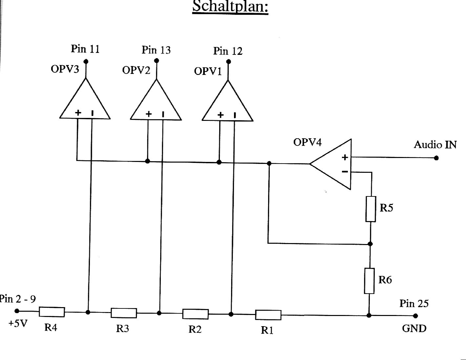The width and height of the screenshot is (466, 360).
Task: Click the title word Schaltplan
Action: click(230, 7)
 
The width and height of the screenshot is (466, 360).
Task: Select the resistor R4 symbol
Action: click(52, 312)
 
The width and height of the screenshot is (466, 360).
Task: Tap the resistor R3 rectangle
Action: click(124, 313)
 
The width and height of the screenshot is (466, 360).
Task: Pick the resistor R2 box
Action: click(195, 314)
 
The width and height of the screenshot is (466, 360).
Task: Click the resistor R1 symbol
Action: click(268, 315)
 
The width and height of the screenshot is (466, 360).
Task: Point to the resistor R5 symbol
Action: click(371, 209)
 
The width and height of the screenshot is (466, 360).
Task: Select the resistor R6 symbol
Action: click(369, 281)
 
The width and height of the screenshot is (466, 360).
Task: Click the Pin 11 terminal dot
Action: click(86, 61)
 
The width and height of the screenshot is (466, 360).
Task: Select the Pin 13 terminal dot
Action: click(157, 60)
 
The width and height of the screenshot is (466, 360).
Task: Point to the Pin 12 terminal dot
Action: click(229, 61)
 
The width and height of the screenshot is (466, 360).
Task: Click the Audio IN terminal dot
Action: click(436, 158)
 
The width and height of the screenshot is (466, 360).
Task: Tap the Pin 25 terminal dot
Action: click(415, 316)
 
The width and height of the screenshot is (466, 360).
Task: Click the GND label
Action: click(414, 328)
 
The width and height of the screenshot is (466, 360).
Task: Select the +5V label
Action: click(18, 324)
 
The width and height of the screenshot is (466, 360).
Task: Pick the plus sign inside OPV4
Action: click(345, 158)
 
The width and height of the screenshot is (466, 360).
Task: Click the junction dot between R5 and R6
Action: click(370, 244)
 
